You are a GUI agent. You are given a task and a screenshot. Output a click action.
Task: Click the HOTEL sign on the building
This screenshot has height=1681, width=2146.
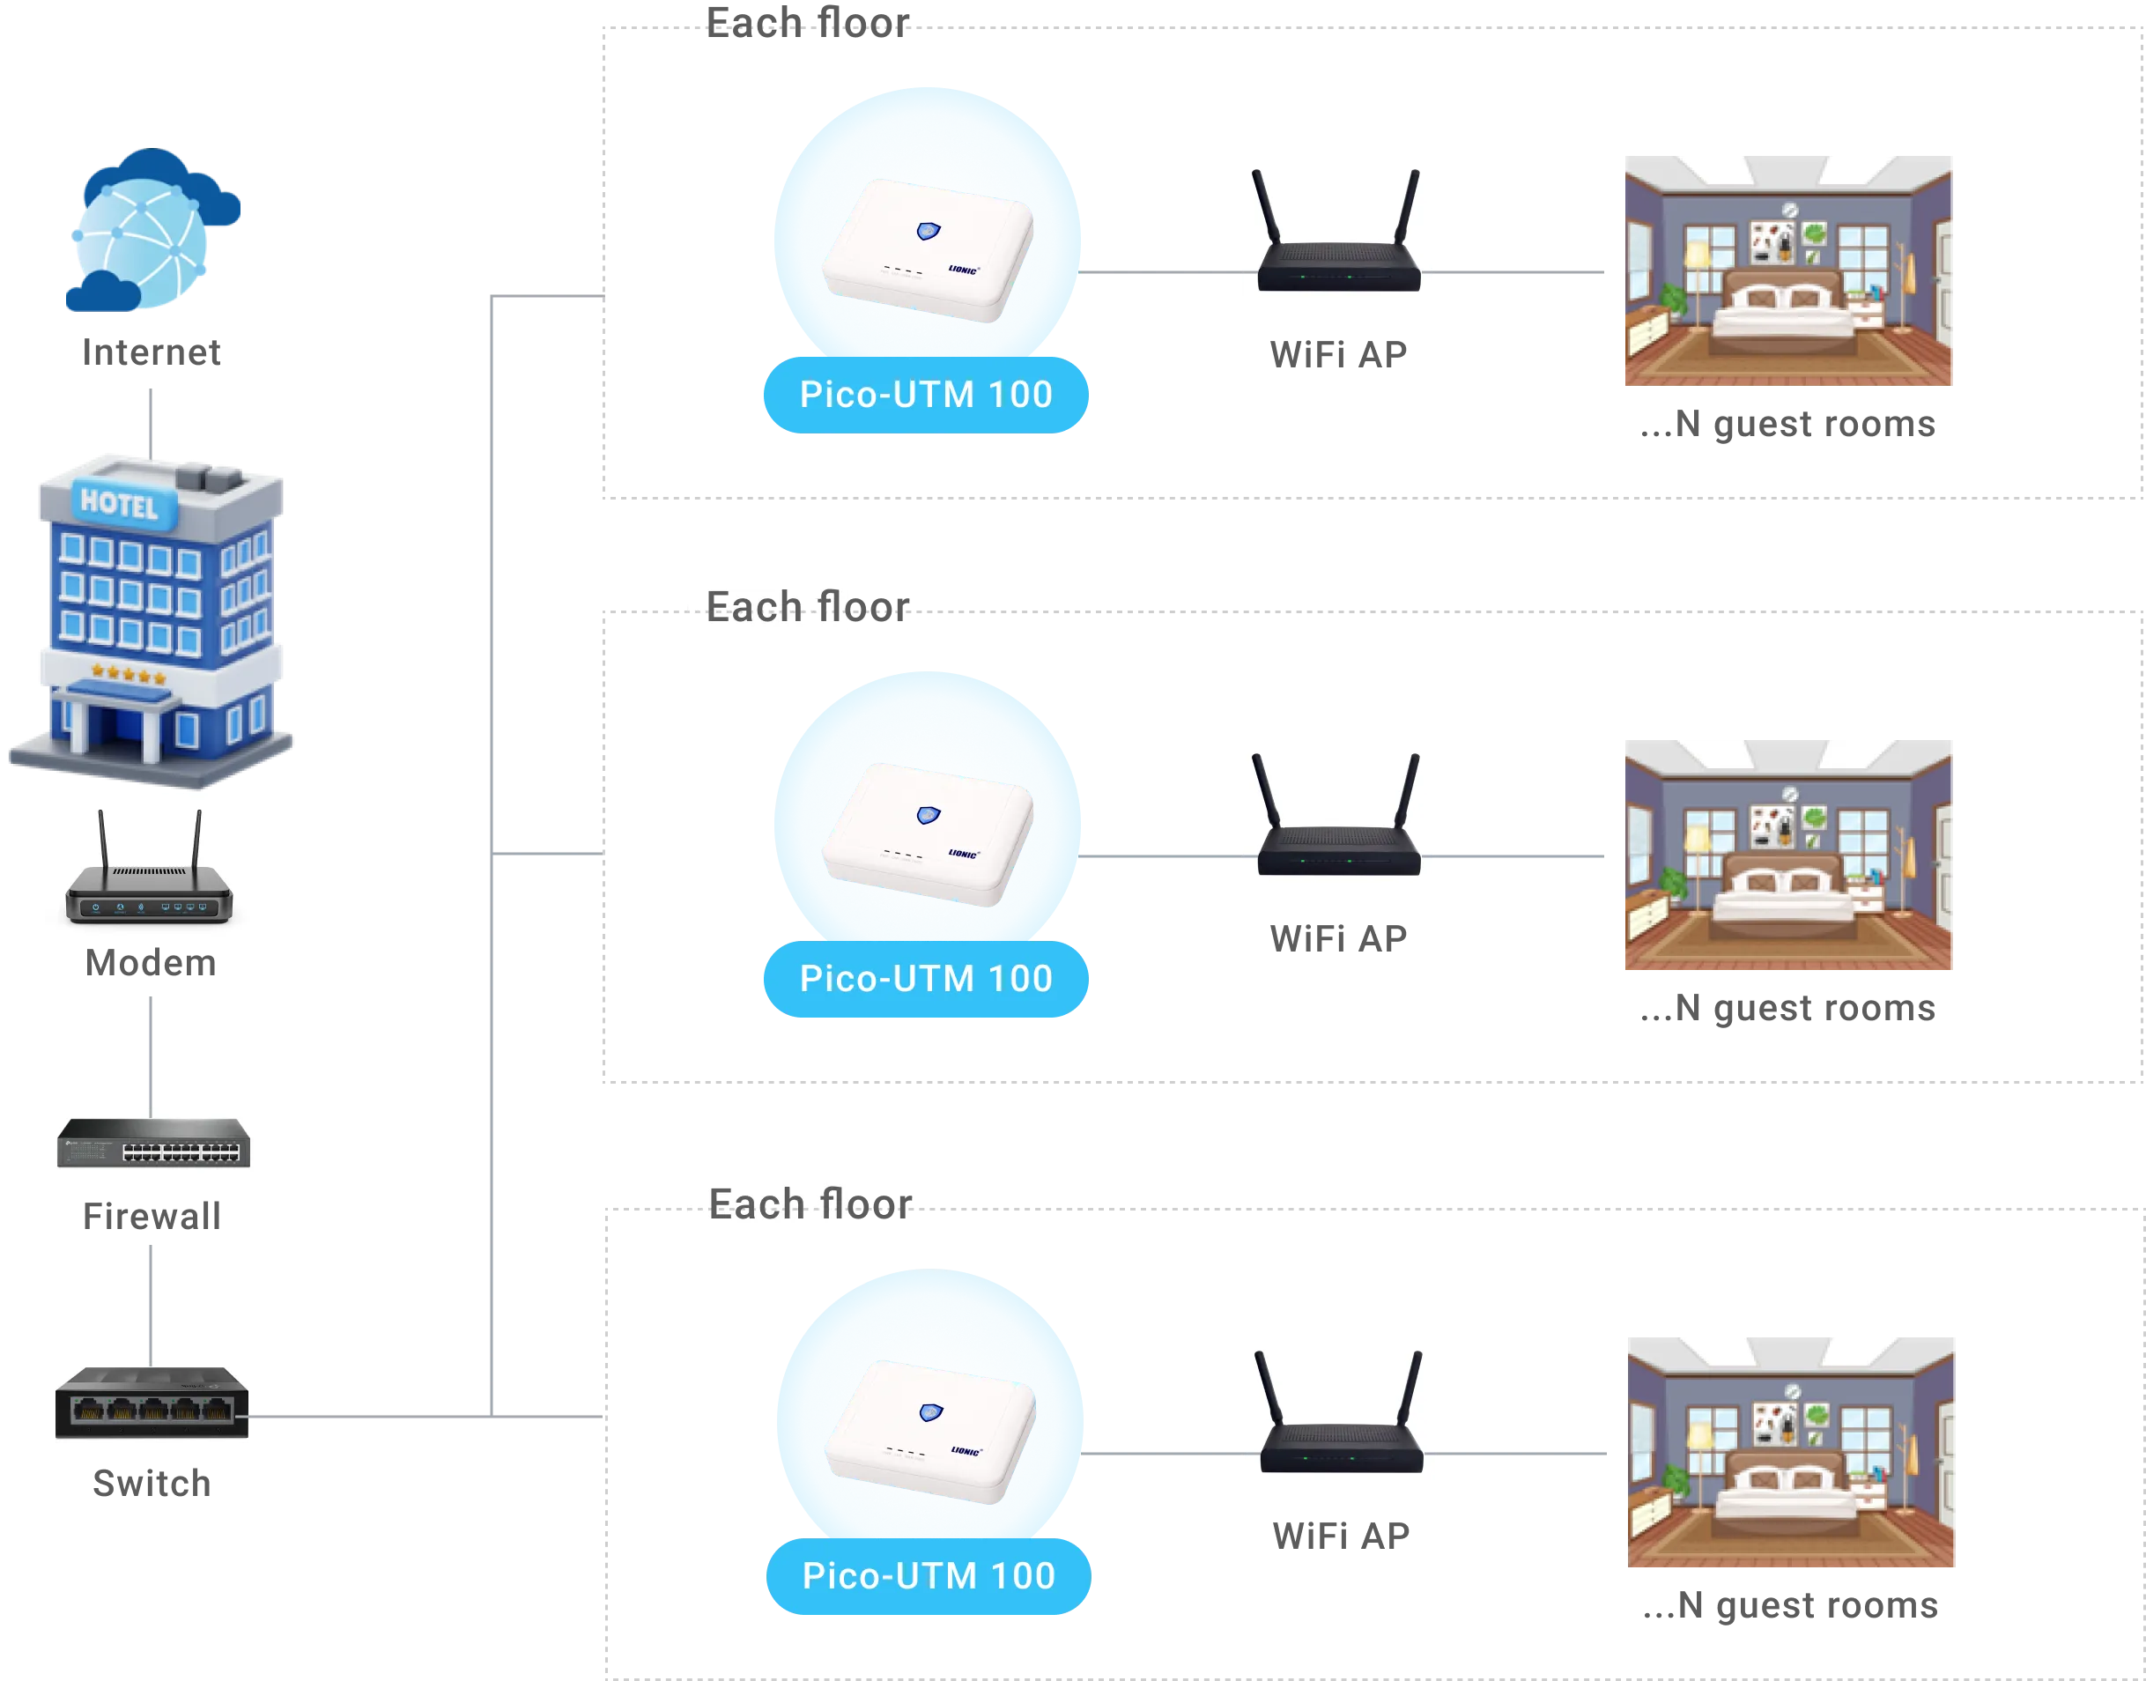pos(119,504)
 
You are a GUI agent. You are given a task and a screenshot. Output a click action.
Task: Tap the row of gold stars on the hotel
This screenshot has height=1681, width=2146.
pos(129,675)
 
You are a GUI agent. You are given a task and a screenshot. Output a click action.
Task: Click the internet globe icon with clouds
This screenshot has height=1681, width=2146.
pos(153,233)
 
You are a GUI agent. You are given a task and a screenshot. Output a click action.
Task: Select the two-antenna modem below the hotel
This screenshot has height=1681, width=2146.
pos(149,868)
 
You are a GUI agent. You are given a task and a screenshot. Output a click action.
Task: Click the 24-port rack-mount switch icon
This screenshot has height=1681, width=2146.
pos(152,1143)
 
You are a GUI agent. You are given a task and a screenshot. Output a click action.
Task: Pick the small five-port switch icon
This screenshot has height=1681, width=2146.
pos(152,1403)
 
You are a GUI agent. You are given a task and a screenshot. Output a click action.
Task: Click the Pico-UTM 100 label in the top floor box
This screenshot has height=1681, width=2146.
pos(926,395)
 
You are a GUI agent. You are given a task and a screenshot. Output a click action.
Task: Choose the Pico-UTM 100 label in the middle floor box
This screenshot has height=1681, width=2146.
pos(926,978)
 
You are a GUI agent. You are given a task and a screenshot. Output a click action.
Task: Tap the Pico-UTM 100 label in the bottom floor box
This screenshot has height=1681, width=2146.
pos(929,1575)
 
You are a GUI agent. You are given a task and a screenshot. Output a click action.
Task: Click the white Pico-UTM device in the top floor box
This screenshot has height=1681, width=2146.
pos(927,250)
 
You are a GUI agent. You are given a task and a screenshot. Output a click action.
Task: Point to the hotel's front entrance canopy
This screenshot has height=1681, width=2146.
pos(110,695)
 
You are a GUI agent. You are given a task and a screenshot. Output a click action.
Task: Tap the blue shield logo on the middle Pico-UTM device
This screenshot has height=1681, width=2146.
pos(928,815)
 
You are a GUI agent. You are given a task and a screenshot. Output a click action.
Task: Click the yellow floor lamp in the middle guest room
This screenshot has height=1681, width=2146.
pos(1697,847)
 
